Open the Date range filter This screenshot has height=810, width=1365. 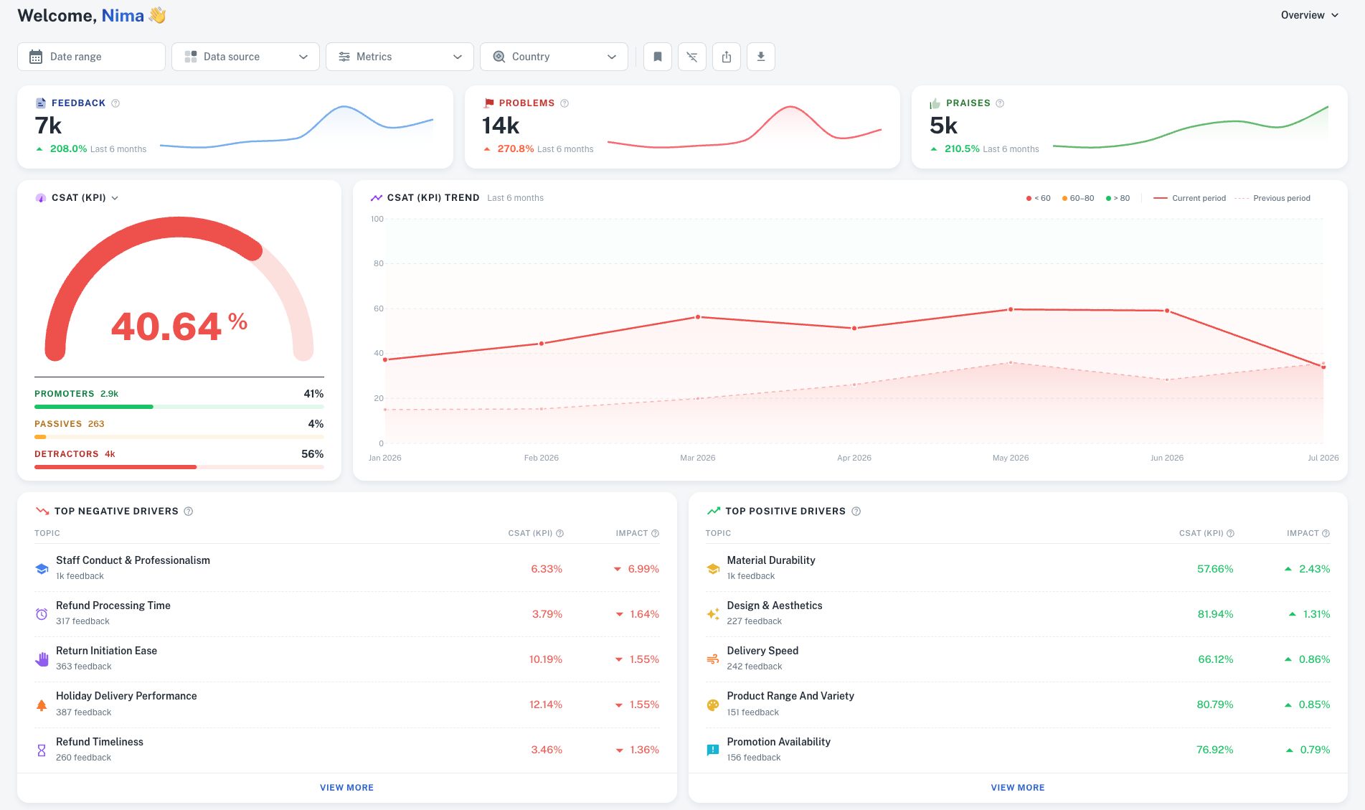91,57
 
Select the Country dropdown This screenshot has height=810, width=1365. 554,57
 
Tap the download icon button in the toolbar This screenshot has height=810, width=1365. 761,57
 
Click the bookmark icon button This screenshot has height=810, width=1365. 658,57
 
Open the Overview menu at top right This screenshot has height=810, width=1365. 1310,15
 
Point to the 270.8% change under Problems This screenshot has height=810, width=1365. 516,149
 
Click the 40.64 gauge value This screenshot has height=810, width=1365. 166,326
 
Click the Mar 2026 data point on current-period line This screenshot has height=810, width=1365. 698,317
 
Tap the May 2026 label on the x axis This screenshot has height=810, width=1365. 1011,458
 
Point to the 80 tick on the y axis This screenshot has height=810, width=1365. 379,263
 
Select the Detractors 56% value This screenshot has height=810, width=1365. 313,454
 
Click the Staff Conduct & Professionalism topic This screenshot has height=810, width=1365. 133,560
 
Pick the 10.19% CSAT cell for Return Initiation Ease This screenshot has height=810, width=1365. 546,659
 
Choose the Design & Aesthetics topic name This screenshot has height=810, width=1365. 775,606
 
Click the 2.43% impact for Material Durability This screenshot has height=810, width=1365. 1314,569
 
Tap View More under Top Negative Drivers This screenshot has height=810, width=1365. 347,788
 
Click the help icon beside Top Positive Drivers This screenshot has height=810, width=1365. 856,512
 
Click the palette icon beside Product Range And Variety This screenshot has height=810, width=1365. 713,705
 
